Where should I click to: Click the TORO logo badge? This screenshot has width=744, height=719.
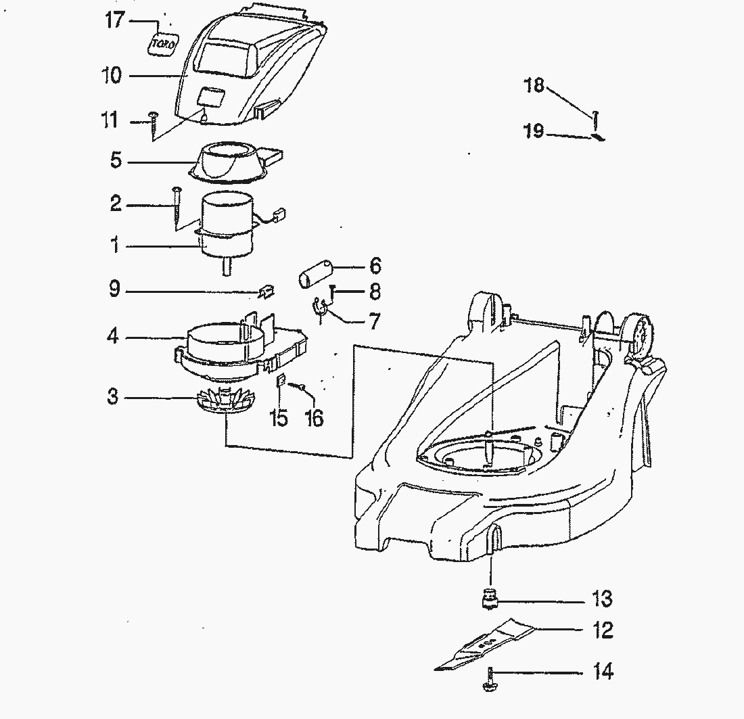(162, 43)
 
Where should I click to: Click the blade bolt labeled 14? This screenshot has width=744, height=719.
(488, 679)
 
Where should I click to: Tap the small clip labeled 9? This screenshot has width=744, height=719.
(264, 292)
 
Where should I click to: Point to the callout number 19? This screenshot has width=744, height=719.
(534, 131)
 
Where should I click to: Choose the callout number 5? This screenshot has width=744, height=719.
(116, 162)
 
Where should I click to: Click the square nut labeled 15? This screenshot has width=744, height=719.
(279, 382)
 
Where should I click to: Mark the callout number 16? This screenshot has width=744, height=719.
(314, 418)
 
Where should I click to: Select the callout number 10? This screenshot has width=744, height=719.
(112, 75)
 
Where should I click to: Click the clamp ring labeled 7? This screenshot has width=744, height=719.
(320, 309)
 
